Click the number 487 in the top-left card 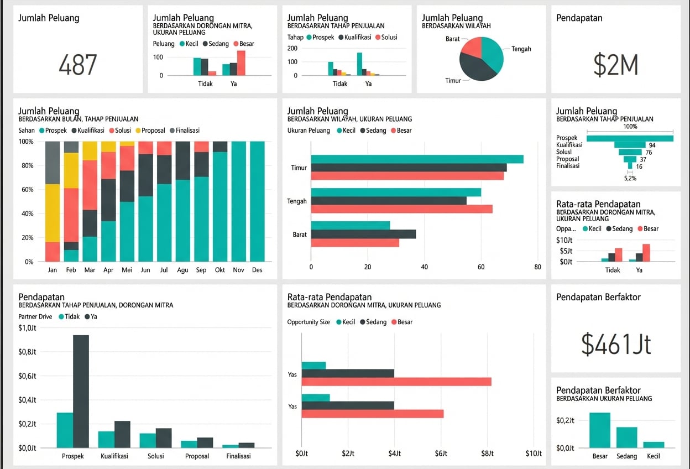click(x=77, y=65)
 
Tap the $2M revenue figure click(x=615, y=65)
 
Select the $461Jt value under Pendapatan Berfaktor click(x=616, y=343)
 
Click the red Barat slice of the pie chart click(x=471, y=47)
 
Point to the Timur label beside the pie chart click(x=453, y=81)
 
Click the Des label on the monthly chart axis click(x=257, y=270)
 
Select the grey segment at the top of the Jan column click(x=53, y=163)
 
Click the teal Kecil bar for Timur click(x=417, y=159)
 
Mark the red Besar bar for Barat click(x=355, y=242)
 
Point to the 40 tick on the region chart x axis click(x=424, y=267)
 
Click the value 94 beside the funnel click(x=652, y=145)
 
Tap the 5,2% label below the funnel click(x=630, y=178)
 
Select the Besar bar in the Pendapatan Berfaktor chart click(x=600, y=430)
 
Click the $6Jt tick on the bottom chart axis click(x=441, y=454)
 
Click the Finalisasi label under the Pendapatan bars click(x=238, y=456)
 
